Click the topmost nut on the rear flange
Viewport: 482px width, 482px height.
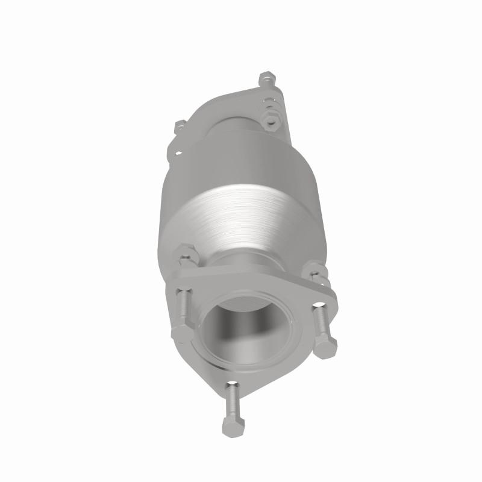266,78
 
